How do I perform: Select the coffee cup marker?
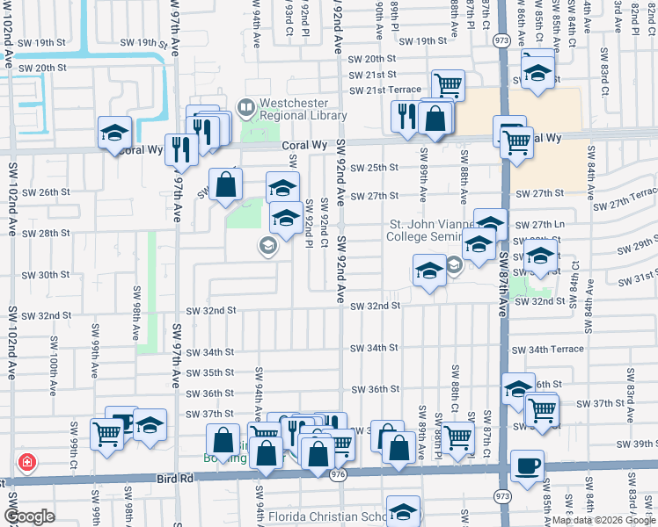(527, 465)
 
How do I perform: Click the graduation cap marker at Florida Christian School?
(403, 512)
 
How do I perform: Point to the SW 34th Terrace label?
(549, 349)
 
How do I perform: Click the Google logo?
(29, 516)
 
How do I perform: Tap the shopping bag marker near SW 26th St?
(226, 184)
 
